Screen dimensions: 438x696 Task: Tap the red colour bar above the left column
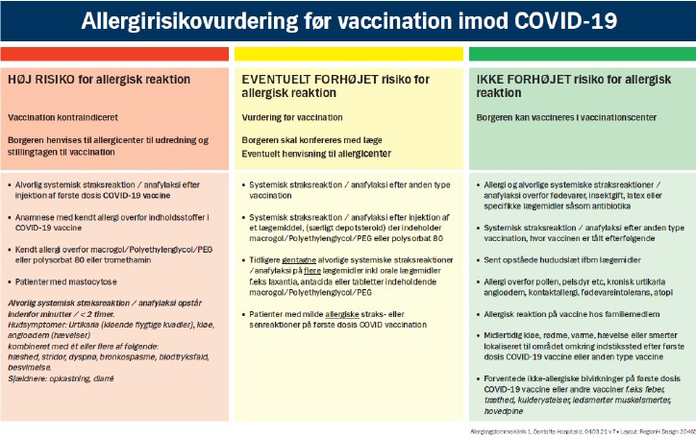tap(114, 53)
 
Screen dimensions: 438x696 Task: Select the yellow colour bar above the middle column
tap(348, 53)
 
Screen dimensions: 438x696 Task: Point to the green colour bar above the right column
tap(582, 53)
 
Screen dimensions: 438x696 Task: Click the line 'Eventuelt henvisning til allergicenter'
tap(315, 153)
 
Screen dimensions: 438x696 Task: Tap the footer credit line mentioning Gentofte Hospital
tap(577, 430)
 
